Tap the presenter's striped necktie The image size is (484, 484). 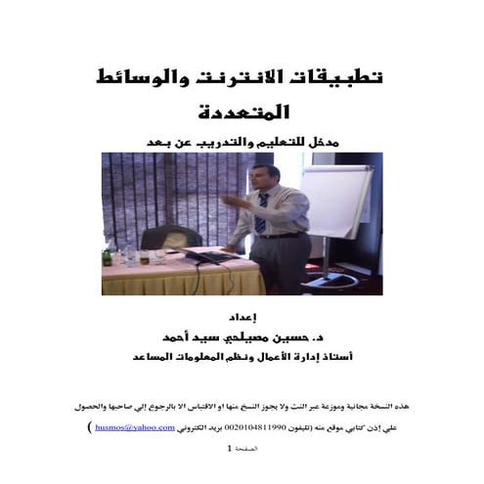[263, 214]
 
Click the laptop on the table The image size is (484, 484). [204, 256]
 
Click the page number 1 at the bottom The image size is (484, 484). [231, 450]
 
